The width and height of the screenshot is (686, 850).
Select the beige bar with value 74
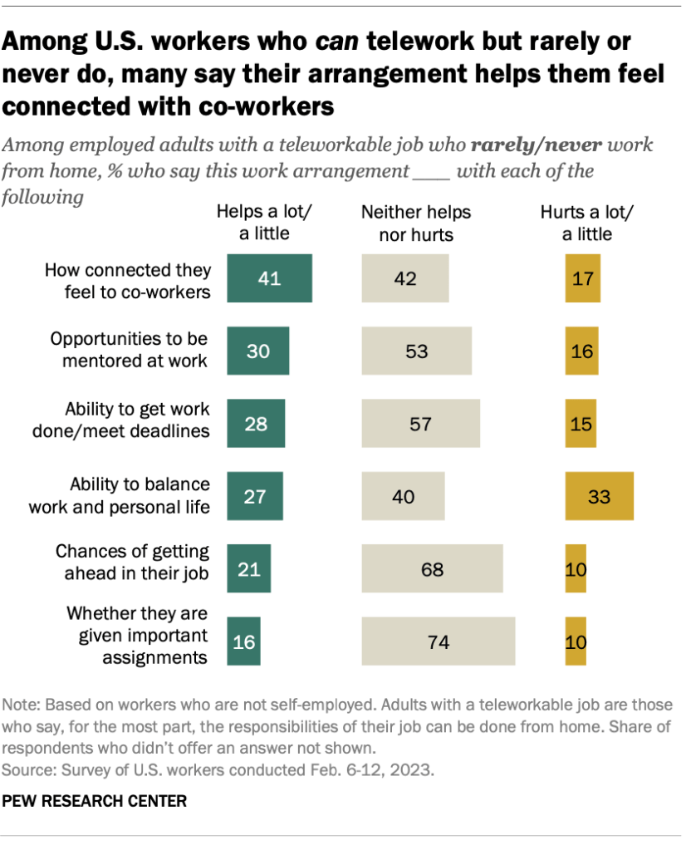tap(438, 641)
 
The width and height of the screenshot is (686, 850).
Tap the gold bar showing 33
tap(599, 496)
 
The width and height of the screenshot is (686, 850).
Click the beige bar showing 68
tap(432, 569)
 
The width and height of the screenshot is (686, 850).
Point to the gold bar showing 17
tap(582, 278)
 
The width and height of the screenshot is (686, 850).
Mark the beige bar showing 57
tap(420, 424)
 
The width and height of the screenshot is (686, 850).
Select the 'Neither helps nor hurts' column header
tap(416, 223)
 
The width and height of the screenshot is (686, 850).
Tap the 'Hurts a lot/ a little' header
tap(586, 223)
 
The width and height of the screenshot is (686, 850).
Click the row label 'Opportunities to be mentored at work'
tap(129, 350)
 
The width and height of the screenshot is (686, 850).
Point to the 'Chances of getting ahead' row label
tap(132, 562)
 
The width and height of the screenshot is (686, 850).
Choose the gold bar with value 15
tap(581, 424)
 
